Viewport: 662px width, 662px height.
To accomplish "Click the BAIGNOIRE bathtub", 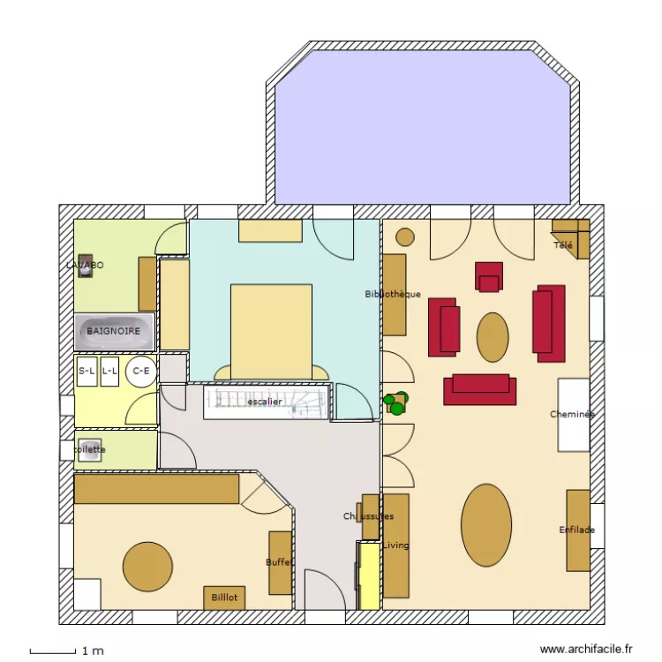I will tap(114, 331).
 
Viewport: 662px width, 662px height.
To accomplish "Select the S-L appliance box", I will tap(87, 372).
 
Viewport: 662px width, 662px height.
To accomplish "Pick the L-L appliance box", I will tap(109, 372).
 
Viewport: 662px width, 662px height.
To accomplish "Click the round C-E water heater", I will tap(140, 372).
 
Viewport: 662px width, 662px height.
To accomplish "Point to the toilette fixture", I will tap(90, 448).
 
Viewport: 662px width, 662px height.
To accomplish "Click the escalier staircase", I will tap(265, 402).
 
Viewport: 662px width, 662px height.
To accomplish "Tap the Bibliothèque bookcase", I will tap(394, 295).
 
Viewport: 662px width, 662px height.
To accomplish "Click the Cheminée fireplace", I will tap(573, 414).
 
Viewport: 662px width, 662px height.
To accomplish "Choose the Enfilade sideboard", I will tap(577, 530).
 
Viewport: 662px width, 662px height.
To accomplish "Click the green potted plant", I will tap(396, 403).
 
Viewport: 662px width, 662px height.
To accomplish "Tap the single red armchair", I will tap(488, 275).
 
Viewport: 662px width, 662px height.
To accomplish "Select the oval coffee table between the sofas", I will tap(493, 336).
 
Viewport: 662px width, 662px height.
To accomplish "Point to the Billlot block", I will tap(224, 598).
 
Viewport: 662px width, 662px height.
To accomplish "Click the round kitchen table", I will tap(147, 566).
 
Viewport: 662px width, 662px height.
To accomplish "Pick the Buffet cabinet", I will tap(280, 562).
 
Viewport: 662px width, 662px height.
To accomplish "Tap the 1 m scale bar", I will tap(53, 651).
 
